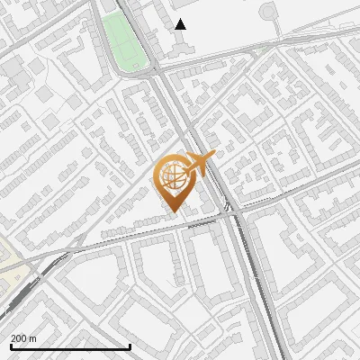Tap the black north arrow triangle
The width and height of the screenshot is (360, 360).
point(180,24)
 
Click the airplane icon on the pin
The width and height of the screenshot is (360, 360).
point(199,166)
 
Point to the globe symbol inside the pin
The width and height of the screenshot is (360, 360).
point(171,176)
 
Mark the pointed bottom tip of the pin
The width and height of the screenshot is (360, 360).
point(172,211)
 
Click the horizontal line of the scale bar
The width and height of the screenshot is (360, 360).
point(70,346)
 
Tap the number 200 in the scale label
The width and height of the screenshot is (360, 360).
point(19,338)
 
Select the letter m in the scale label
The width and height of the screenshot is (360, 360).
point(32,338)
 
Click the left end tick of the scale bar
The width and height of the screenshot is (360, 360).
point(10,345)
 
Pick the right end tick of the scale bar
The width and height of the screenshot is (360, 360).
point(130,345)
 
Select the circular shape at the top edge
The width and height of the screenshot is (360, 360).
point(271,12)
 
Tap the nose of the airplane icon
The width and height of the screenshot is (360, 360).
point(214,155)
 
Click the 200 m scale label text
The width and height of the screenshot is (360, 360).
point(23,338)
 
